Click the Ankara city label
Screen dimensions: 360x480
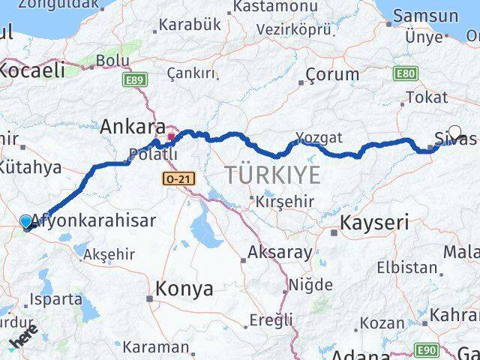(133, 125)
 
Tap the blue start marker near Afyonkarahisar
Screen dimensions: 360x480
(26, 221)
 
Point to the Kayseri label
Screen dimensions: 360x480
(374, 222)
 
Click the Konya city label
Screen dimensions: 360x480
(184, 289)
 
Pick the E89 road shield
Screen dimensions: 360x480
(136, 79)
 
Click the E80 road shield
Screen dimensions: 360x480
(405, 73)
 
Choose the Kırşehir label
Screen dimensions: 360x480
(283, 202)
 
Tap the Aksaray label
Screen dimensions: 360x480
(279, 252)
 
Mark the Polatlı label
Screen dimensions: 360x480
(154, 154)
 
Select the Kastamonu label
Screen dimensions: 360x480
(273, 6)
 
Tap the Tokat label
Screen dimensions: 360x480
(426, 97)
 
